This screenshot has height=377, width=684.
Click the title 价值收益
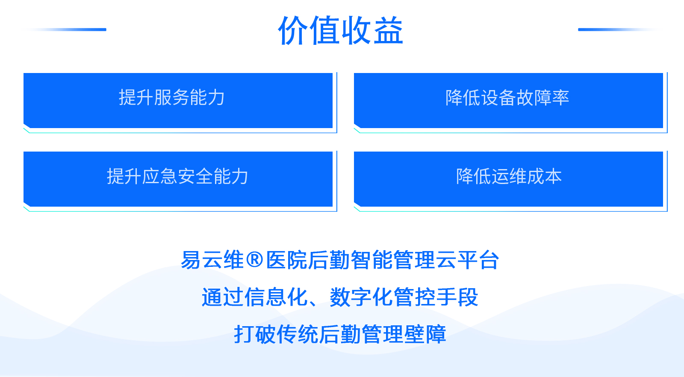coord(341,30)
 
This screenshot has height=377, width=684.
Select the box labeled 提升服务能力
coord(178,101)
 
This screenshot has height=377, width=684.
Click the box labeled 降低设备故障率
coord(508,101)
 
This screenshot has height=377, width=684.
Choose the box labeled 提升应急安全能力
coord(178,179)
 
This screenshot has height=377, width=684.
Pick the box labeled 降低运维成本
coord(508,179)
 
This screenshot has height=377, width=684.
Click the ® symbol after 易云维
coord(254,260)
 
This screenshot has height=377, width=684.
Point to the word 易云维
coord(212,260)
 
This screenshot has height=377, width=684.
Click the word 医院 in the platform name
coord(286,260)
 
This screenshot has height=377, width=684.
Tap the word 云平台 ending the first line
coord(467,260)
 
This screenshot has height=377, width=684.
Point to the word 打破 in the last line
coord(255,334)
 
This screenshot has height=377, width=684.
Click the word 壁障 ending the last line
coord(425,334)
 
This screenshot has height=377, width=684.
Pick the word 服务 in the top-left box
coord(171,98)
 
